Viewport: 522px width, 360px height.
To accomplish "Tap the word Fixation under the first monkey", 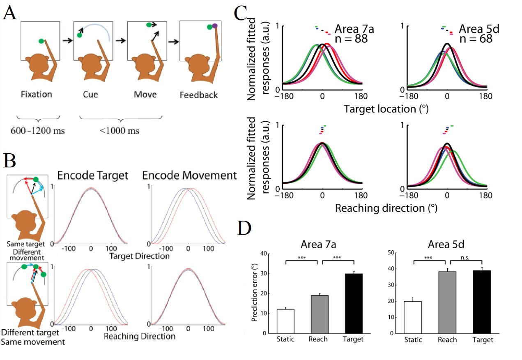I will [37, 95].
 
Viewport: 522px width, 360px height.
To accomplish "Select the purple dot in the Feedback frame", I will [215, 26].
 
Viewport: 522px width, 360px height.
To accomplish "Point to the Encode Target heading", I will [93, 175].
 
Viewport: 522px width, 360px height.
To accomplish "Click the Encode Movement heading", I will [190, 175].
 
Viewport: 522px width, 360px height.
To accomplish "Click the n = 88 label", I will [351, 39].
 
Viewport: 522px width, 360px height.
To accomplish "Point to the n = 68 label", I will [476, 39].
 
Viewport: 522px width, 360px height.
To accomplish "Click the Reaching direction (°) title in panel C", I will [386, 208].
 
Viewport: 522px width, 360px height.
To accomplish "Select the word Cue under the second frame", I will [88, 95].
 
